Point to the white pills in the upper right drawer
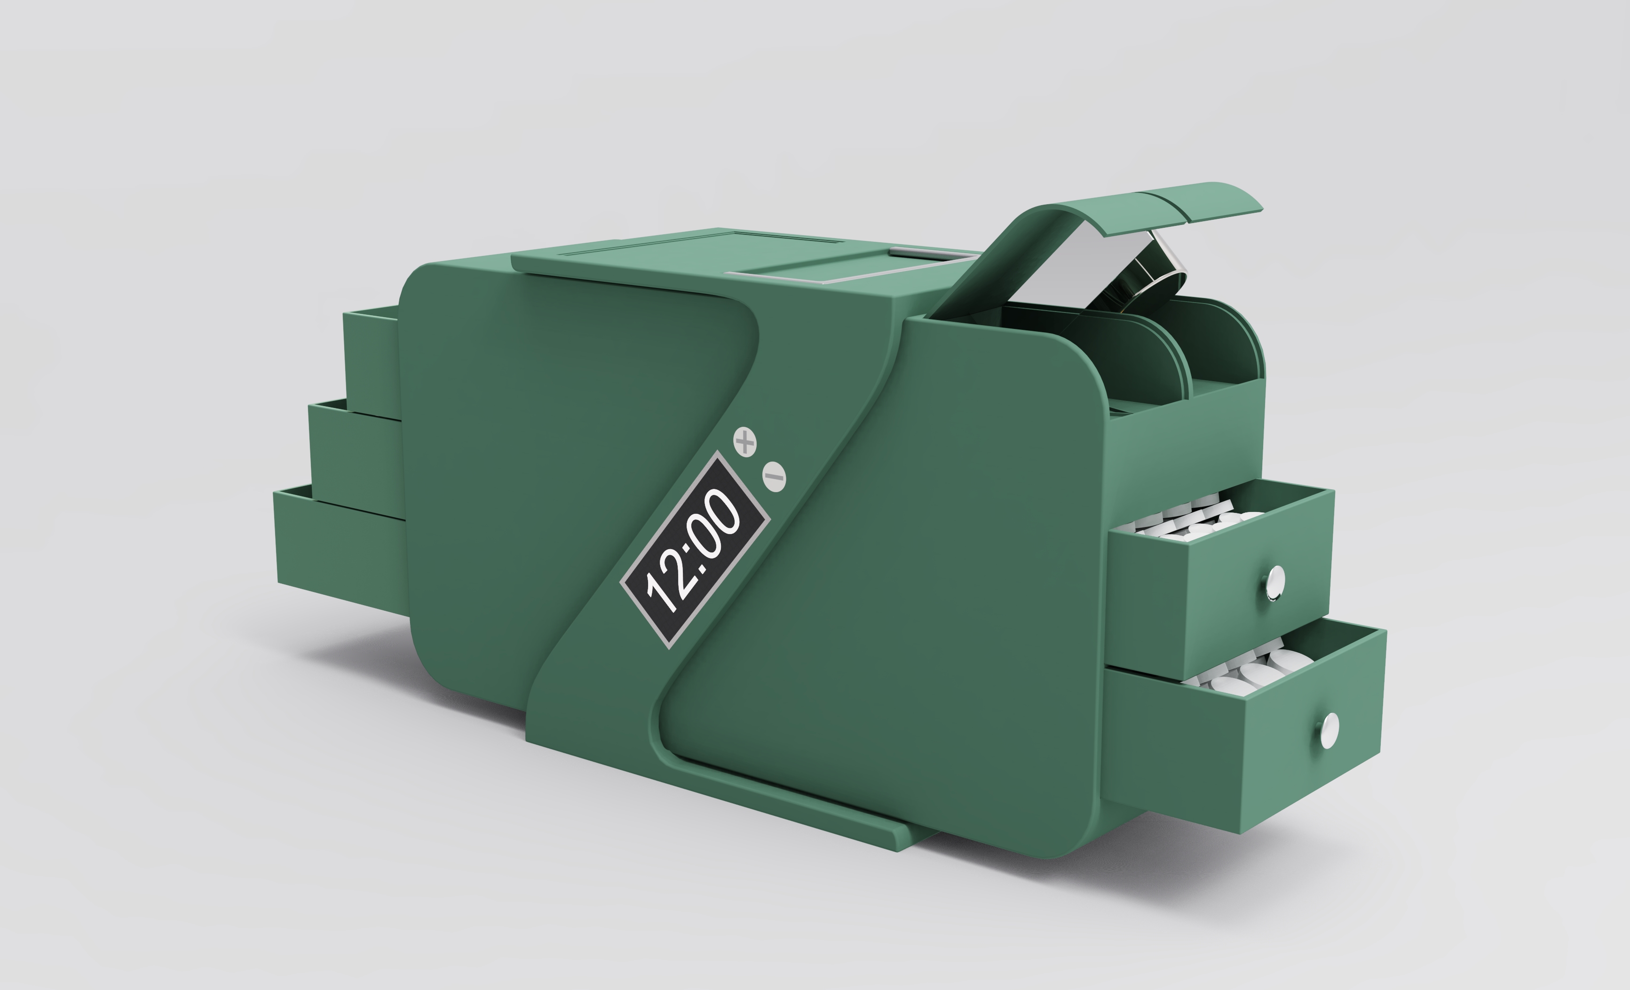click(x=1191, y=519)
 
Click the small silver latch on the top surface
click(x=913, y=253)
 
